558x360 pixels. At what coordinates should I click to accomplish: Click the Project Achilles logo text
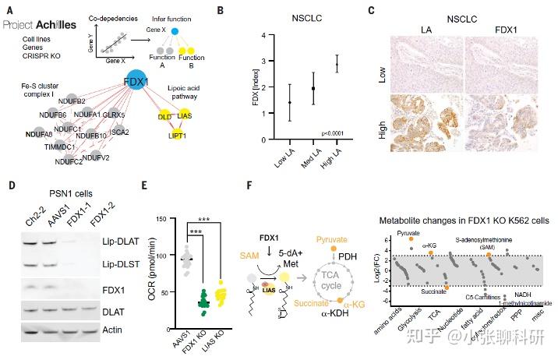[x=39, y=25]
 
